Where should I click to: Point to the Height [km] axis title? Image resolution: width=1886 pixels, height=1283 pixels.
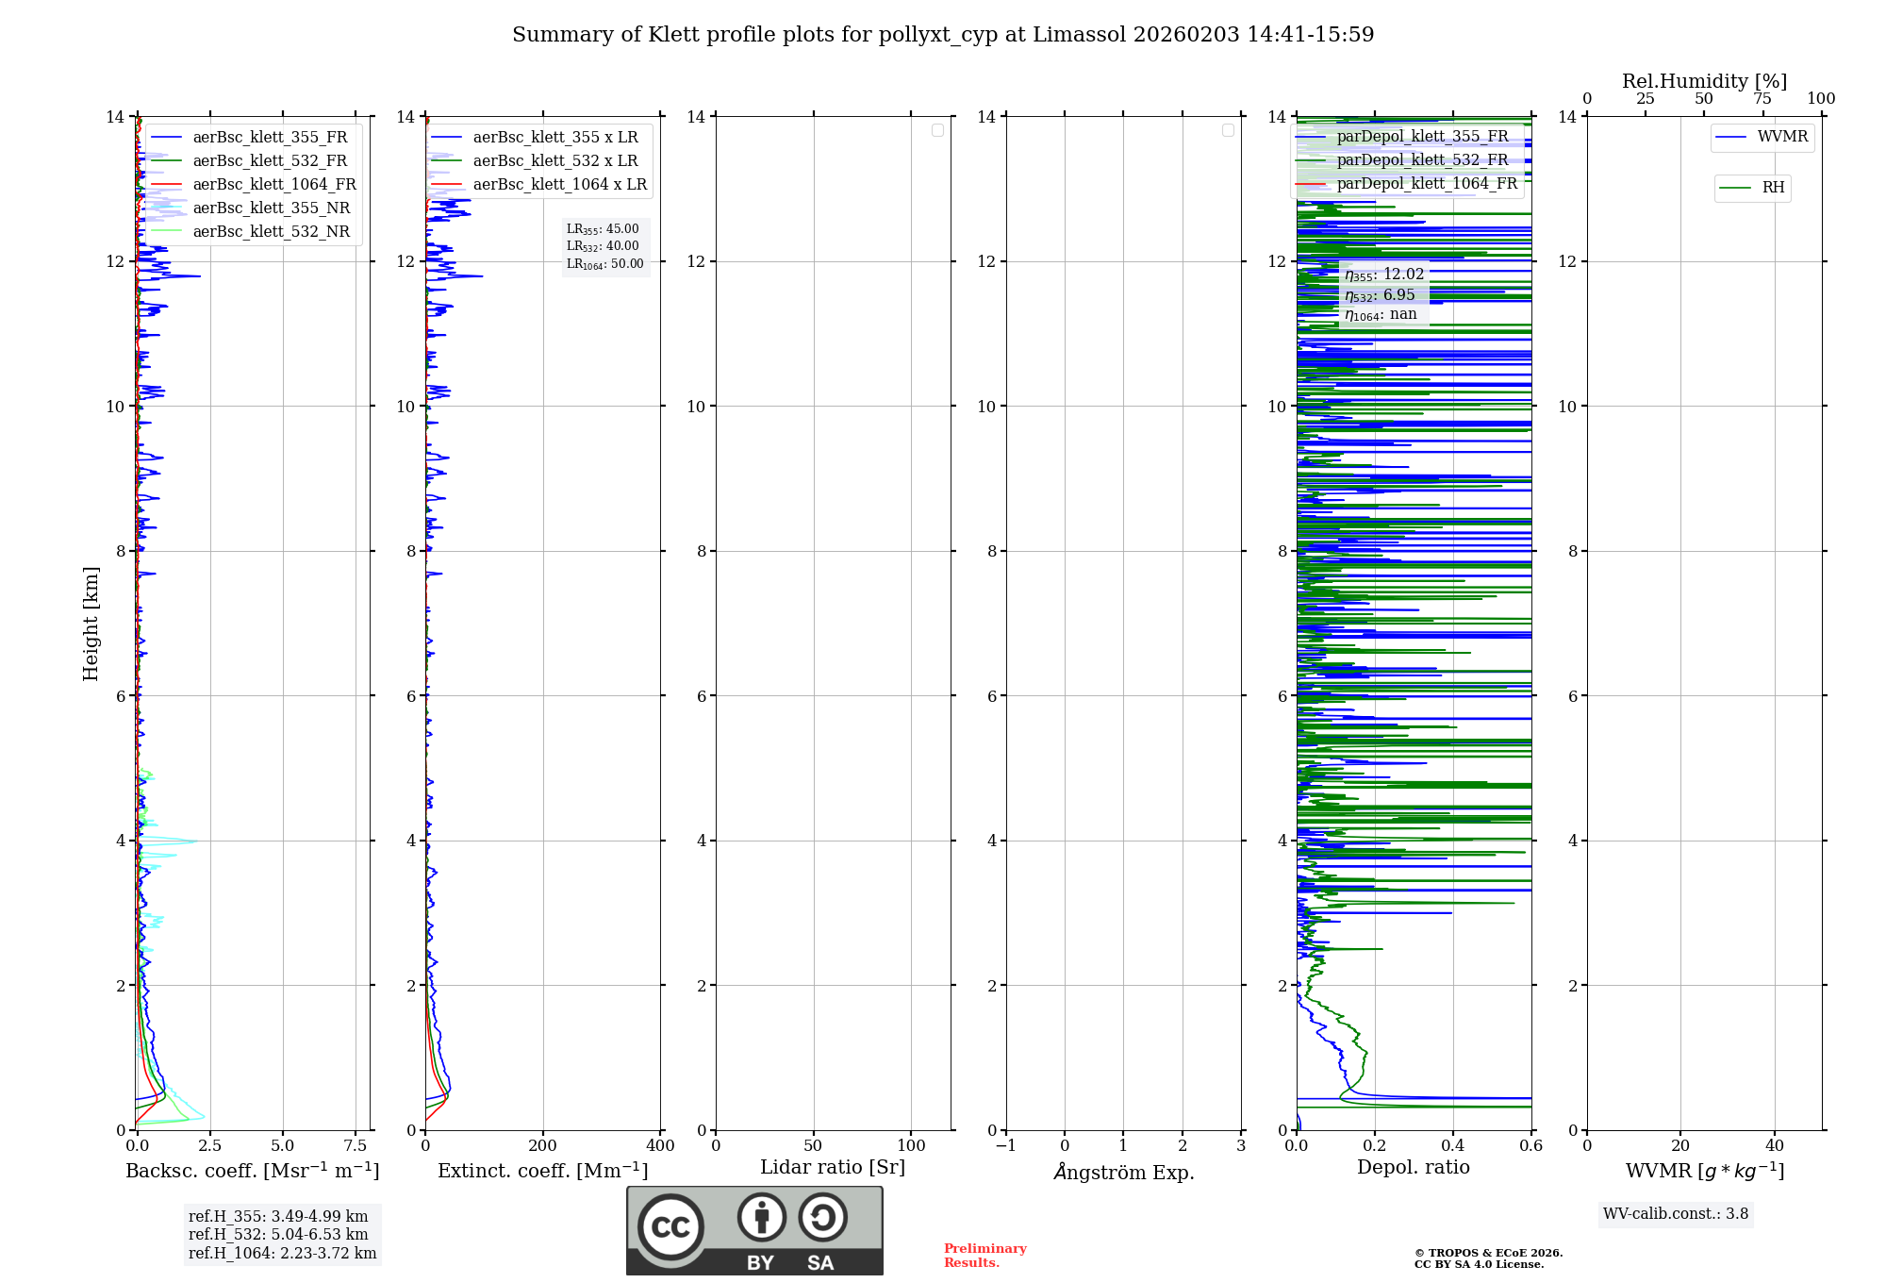(x=91, y=624)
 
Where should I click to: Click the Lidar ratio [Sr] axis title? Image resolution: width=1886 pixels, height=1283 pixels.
(x=833, y=1168)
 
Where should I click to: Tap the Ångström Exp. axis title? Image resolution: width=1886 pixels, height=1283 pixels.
(x=1124, y=1173)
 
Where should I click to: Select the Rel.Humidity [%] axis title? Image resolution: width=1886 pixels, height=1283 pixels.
(x=1704, y=81)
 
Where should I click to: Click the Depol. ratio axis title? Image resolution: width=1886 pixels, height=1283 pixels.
(x=1413, y=1168)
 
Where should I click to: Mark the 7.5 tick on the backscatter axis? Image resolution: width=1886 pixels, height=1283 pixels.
(x=356, y=1146)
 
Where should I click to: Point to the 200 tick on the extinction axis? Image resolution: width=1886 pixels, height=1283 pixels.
(x=543, y=1146)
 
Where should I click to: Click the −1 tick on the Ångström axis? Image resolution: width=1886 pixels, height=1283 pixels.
(x=1006, y=1146)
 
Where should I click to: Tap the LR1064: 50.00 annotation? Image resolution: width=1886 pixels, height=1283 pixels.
(x=604, y=264)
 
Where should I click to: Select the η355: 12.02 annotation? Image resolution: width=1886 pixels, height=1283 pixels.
(x=1384, y=275)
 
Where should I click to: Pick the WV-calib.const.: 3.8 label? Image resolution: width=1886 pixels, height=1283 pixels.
(x=1676, y=1214)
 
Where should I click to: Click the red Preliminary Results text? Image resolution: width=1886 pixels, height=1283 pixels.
(x=984, y=1256)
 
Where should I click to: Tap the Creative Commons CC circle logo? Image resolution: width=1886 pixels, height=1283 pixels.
(x=670, y=1227)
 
